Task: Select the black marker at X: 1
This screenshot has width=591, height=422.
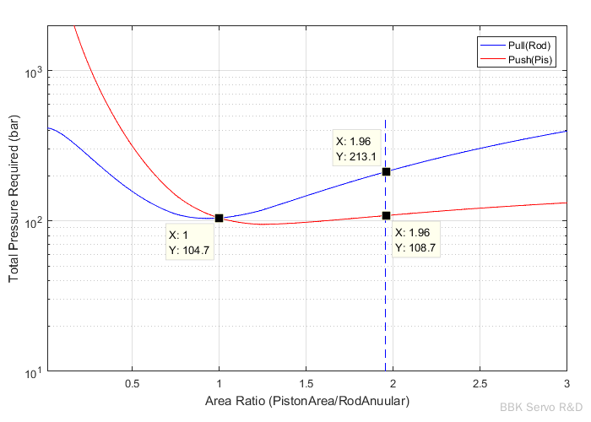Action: [220, 218]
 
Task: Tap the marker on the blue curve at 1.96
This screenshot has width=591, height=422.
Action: [386, 171]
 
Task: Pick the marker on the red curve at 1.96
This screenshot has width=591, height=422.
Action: [386, 215]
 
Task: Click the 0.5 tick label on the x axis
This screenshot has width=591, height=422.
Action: [132, 384]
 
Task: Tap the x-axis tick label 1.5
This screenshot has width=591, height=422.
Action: [306, 384]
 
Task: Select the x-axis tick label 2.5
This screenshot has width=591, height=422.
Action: [480, 384]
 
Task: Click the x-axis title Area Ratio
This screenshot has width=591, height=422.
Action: [306, 402]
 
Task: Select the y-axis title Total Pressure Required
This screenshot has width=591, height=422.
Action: [14, 199]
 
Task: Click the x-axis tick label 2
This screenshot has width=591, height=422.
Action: [393, 384]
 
